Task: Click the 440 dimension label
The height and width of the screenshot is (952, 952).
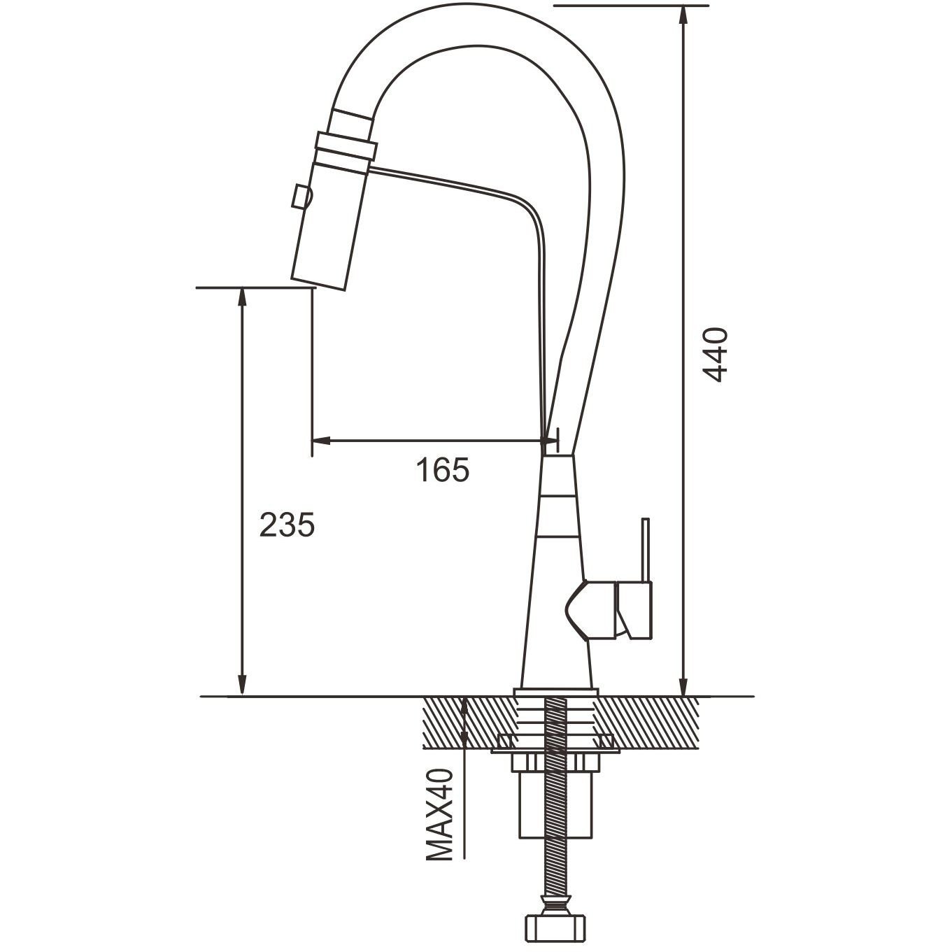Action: (716, 355)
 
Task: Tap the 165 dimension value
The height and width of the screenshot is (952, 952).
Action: (443, 470)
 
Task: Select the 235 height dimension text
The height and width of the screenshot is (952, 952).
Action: (287, 525)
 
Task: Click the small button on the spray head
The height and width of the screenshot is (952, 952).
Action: (300, 197)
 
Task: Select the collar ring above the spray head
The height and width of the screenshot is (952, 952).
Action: (346, 145)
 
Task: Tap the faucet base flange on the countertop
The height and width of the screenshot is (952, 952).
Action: (555, 692)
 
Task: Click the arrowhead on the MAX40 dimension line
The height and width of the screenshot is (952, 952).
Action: (465, 707)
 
